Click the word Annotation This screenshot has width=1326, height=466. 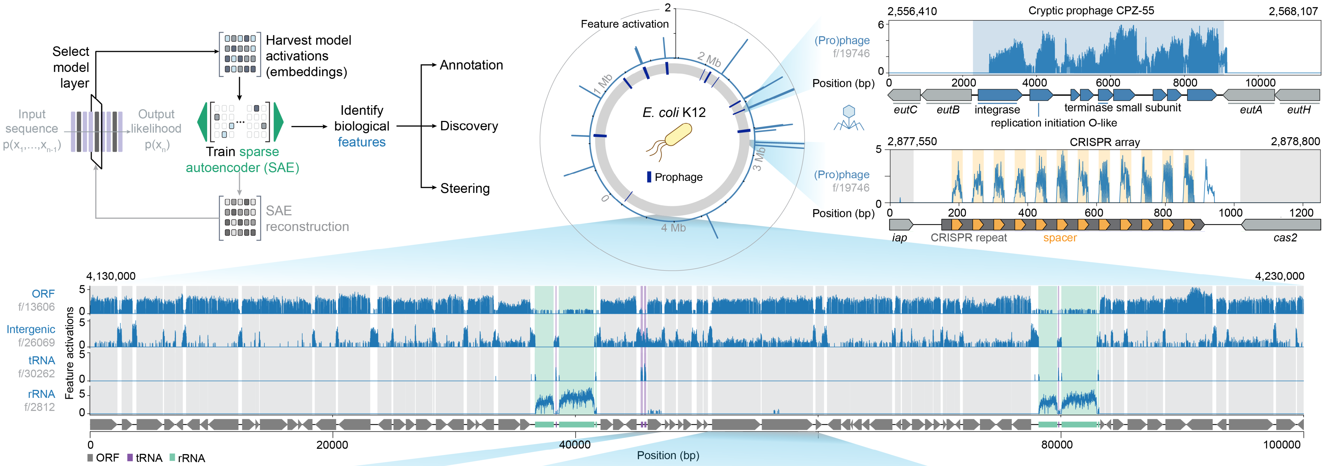coord(471,65)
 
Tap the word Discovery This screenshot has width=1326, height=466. coord(469,126)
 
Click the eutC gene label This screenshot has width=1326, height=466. coord(905,110)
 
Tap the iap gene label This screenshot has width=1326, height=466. coord(899,237)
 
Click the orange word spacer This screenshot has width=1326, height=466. coord(1060,237)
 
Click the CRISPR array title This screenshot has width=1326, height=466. coord(1105,142)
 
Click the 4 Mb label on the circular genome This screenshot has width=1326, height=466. coord(673,227)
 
